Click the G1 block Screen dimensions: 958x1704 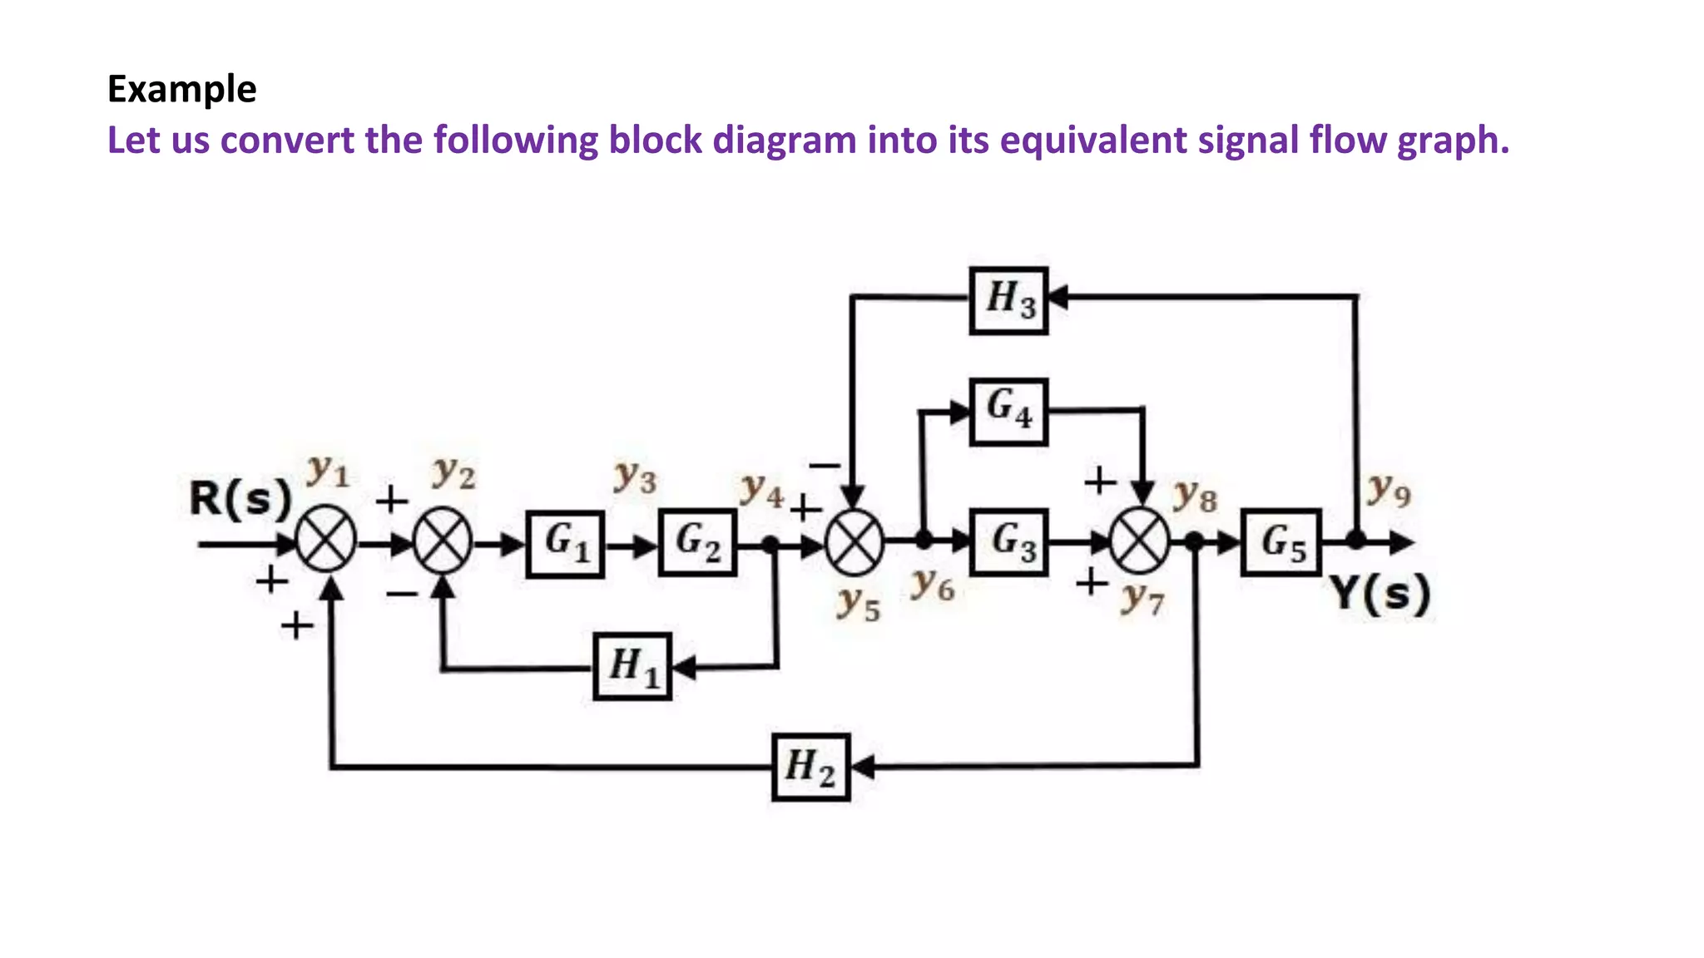pyautogui.click(x=565, y=544)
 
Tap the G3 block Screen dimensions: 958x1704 pyautogui.click(x=1008, y=542)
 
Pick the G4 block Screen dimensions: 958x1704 pyautogui.click(x=1008, y=411)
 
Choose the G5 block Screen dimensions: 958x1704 pyautogui.click(x=1280, y=542)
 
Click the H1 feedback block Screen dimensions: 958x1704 pyautogui.click(x=632, y=666)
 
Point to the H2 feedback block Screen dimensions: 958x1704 pyautogui.click(x=810, y=767)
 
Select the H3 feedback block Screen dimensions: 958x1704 pyautogui.click(x=1008, y=300)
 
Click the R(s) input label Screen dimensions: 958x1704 pyautogui.click(x=240, y=499)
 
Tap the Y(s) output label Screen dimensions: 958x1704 pyautogui.click(x=1380, y=594)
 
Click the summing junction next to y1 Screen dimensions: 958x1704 pyautogui.click(x=326, y=542)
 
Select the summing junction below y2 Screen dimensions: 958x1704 pyautogui.click(x=443, y=543)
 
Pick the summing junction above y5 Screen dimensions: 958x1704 pyautogui.click(x=854, y=542)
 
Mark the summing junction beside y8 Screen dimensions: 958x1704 pyautogui.click(x=1140, y=542)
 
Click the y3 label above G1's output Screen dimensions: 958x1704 pyautogui.click(x=635, y=477)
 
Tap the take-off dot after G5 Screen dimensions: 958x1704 pyautogui.click(x=1356, y=541)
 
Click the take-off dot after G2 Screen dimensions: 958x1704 pyautogui.click(x=770, y=545)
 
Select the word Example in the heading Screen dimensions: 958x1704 pyautogui.click(x=181, y=89)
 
